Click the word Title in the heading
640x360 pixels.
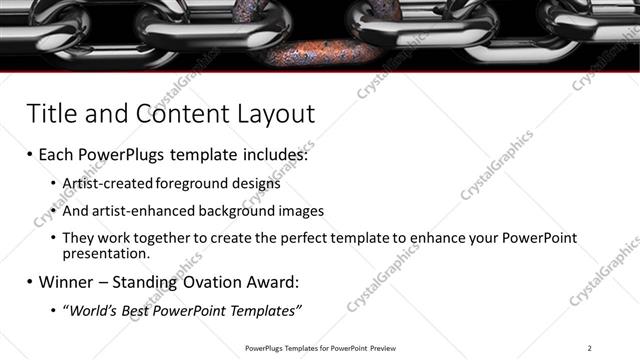52,112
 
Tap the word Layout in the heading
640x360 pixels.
272,112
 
